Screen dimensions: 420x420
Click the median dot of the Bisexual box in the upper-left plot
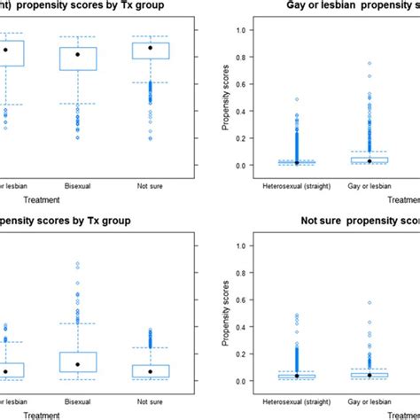(77, 55)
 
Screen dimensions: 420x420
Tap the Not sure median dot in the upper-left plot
(150, 48)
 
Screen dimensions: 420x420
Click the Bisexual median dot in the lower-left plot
(77, 364)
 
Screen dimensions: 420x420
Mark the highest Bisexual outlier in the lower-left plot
(77, 264)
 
